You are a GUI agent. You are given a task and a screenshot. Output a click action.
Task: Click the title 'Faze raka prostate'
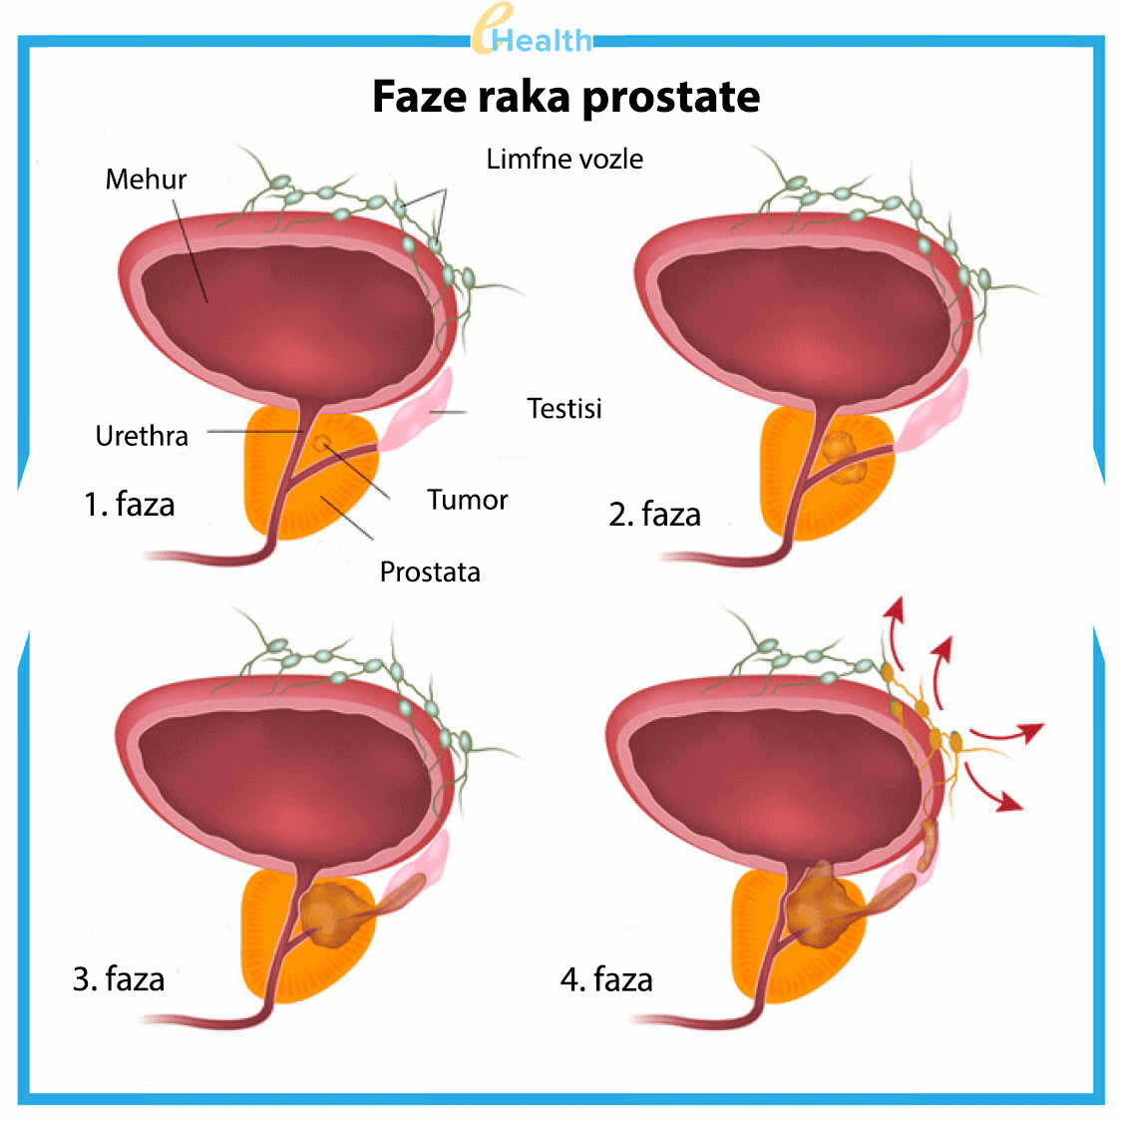click(x=565, y=97)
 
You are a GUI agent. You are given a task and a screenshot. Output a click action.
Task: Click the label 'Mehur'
click(x=146, y=180)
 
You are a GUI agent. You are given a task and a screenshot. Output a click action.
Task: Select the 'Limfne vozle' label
click(x=564, y=159)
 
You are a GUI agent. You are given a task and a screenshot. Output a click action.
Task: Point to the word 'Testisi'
click(x=564, y=408)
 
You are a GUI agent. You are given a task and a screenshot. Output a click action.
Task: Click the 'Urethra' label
click(x=142, y=436)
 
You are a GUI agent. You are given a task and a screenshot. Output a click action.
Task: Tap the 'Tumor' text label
click(x=467, y=500)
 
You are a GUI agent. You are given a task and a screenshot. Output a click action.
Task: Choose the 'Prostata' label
click(x=430, y=571)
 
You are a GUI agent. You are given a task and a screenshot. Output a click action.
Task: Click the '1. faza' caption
click(x=130, y=505)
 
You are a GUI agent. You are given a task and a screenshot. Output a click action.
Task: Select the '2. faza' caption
click(x=655, y=515)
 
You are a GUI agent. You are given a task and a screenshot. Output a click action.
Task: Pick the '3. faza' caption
click(x=119, y=978)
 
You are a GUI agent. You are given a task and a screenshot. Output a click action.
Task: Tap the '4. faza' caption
click(x=606, y=979)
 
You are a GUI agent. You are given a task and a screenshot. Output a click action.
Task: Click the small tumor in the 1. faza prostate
click(x=321, y=442)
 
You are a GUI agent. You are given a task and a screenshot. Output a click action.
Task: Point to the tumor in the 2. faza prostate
click(x=844, y=455)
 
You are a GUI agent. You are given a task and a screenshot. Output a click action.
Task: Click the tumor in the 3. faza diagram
click(x=334, y=912)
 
